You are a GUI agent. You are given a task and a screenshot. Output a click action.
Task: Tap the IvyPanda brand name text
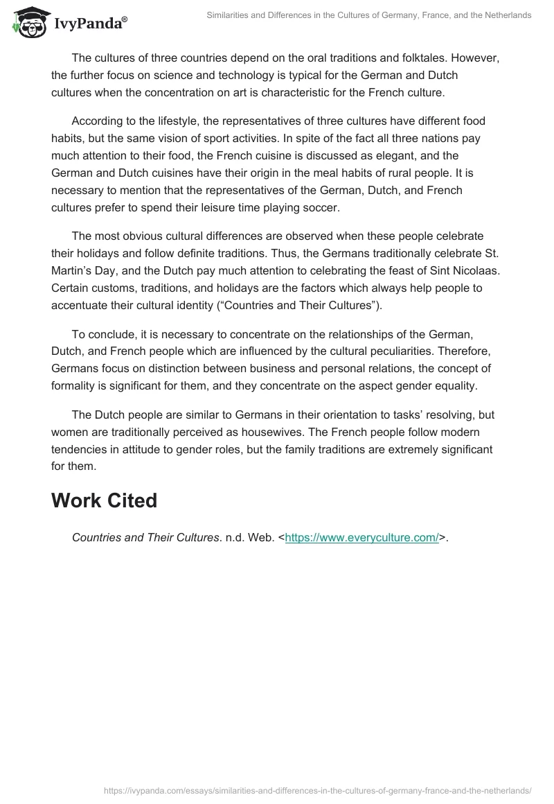click(87, 23)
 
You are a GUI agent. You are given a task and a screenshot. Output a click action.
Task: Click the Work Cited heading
click(104, 500)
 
